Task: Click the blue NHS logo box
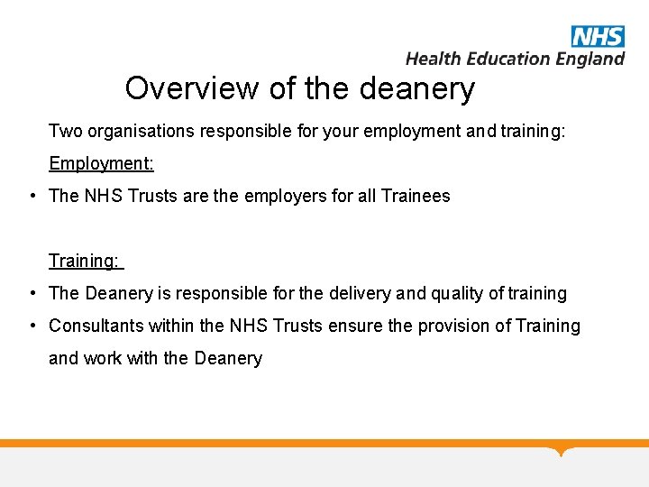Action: [598, 37]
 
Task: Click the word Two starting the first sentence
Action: [65, 132]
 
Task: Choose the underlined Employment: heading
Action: [101, 164]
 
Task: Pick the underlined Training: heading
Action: [84, 262]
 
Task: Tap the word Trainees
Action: [416, 197]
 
